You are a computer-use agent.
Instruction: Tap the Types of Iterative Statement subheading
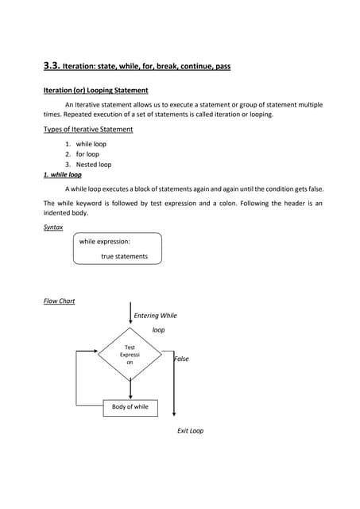tap(88, 129)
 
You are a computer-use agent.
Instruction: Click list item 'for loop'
tap(87, 154)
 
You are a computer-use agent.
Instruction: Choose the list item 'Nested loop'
tap(93, 165)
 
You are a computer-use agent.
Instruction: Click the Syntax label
tap(53, 227)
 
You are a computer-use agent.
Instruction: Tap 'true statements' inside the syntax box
tap(124, 256)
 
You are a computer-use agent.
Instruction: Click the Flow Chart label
tap(59, 301)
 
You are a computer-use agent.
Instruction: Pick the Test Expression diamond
tap(130, 355)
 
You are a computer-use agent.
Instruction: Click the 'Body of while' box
tap(130, 407)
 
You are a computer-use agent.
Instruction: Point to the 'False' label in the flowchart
tap(182, 359)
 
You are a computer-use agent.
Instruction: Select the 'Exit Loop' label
tap(190, 430)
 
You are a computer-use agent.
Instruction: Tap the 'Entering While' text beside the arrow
tap(156, 316)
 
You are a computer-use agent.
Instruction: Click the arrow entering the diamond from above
tap(130, 313)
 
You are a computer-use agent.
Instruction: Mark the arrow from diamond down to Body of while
tap(130, 390)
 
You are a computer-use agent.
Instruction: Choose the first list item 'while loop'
tap(91, 144)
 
